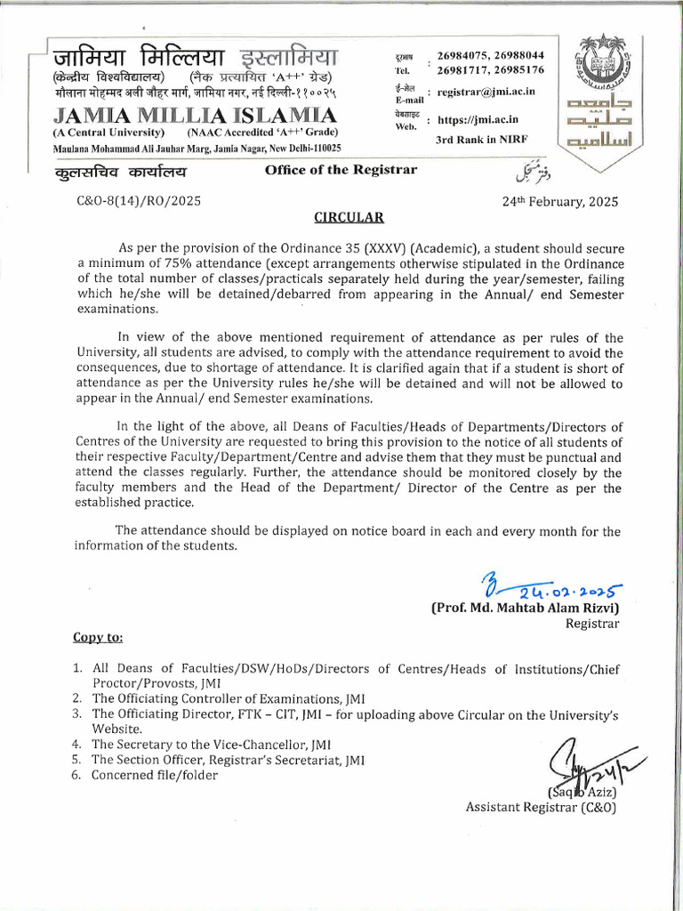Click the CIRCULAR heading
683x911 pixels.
click(348, 216)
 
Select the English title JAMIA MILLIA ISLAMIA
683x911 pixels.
click(183, 117)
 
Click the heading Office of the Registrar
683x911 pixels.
click(341, 169)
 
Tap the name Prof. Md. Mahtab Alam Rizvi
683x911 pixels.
click(526, 609)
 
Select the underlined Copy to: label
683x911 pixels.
click(98, 638)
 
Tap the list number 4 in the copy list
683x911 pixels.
click(76, 744)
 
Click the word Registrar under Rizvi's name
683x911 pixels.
click(591, 624)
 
